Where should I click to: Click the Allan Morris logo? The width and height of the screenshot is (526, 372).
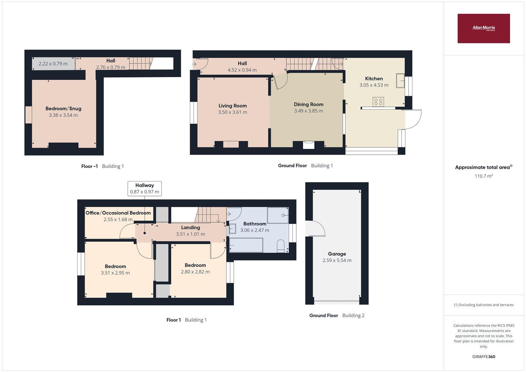tap(483, 28)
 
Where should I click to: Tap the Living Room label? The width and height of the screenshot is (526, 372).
tap(233, 106)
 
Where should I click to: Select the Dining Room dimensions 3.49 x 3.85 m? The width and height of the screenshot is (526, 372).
tap(308, 111)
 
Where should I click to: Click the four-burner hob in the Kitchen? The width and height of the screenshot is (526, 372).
tap(378, 102)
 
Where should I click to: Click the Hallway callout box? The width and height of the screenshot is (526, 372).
tap(144, 188)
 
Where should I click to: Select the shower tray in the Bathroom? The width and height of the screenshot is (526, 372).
tap(278, 215)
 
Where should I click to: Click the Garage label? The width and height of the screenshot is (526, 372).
tap(337, 254)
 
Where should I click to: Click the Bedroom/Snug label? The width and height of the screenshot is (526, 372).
tap(63, 108)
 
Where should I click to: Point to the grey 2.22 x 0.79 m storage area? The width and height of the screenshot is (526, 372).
tap(53, 64)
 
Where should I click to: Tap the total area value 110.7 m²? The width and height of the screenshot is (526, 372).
tap(483, 176)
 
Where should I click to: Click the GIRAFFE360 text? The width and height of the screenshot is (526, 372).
tap(483, 356)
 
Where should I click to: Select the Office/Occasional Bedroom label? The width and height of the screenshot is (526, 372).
tap(118, 213)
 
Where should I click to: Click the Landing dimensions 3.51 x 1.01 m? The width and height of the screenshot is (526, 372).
tap(190, 234)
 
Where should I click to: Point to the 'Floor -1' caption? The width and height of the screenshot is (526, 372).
tap(89, 166)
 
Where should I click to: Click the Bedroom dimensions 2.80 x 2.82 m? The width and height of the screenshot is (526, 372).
tap(195, 272)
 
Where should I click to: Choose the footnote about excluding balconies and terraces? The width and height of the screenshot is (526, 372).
tap(483, 305)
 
